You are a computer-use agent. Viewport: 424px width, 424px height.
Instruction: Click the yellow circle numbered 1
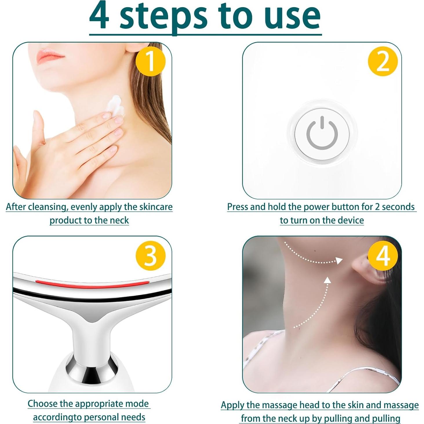coord(150,61)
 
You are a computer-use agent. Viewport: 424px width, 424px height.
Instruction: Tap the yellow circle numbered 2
coord(383,61)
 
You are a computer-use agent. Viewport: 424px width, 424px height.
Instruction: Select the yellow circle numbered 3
coord(150,256)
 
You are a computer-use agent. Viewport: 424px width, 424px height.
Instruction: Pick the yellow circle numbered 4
coord(383,256)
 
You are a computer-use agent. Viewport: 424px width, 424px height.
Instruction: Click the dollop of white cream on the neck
coord(115,105)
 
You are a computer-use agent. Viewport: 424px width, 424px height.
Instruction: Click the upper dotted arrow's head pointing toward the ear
coord(338,260)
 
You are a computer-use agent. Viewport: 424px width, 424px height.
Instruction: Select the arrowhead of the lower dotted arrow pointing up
coord(327,280)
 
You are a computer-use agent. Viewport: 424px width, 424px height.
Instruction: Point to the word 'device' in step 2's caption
coord(350,220)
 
